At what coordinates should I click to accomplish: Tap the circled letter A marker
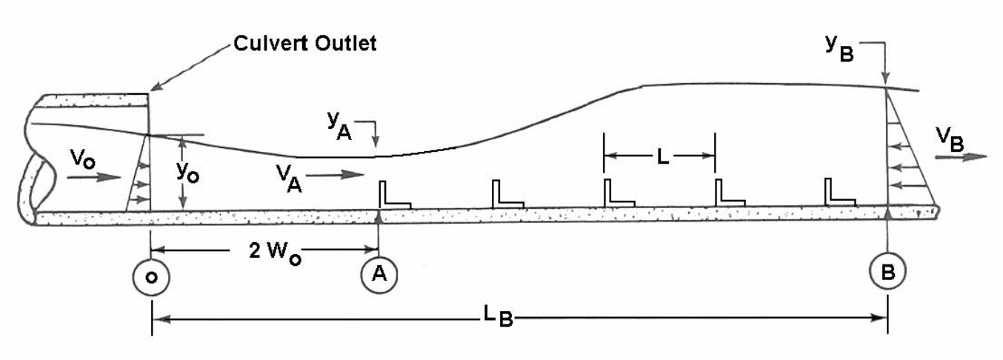click(x=379, y=274)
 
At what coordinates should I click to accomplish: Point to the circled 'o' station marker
click(x=151, y=276)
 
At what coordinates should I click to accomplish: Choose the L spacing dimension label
click(x=659, y=156)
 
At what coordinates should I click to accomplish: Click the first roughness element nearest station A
click(x=392, y=194)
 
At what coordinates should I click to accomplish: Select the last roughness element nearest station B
click(x=840, y=192)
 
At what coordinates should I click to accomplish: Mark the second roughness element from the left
click(x=507, y=194)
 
